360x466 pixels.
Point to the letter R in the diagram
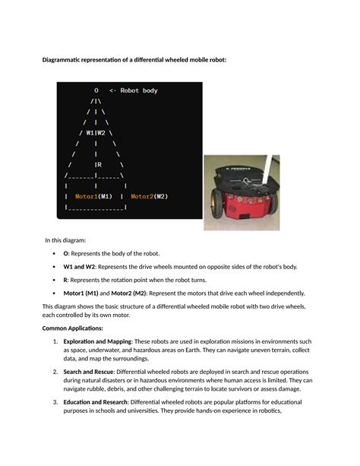click(x=99, y=163)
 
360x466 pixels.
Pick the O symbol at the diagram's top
click(x=96, y=90)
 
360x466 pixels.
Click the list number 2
click(x=55, y=372)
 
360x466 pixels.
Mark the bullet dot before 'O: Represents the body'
click(x=53, y=254)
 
